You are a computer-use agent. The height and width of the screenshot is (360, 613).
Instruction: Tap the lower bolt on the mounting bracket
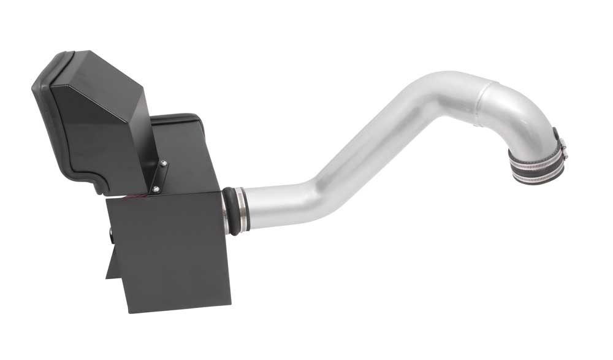pyautogui.click(x=156, y=190)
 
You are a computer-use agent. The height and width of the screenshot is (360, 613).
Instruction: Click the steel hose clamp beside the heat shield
pyautogui.click(x=239, y=210)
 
